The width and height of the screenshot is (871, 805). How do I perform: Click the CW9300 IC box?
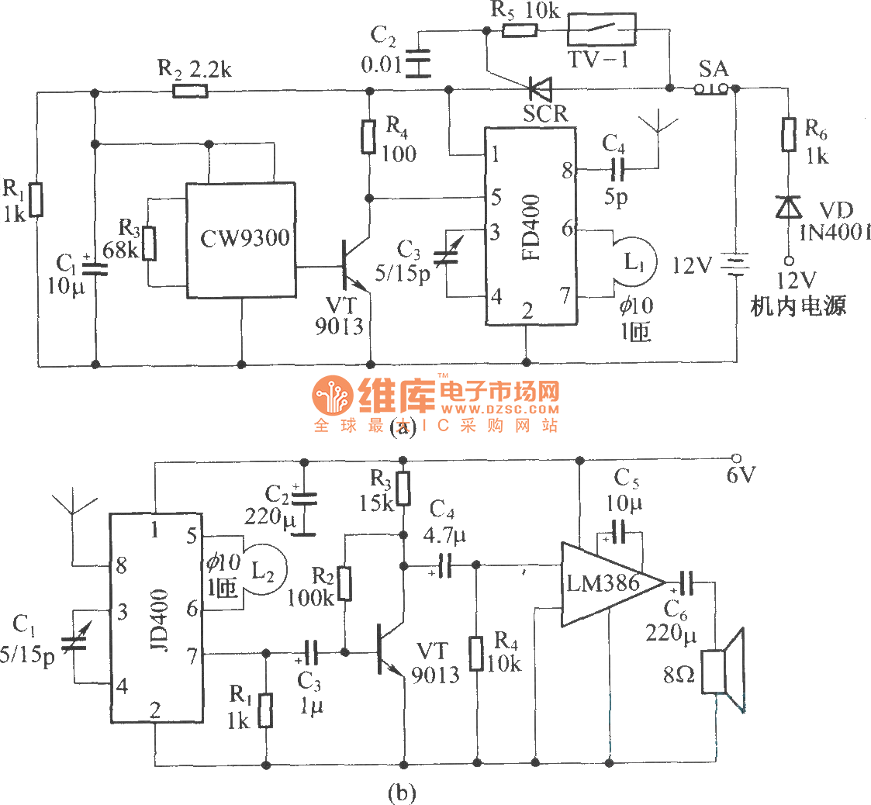240,240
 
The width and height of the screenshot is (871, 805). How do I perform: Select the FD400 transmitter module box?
531,226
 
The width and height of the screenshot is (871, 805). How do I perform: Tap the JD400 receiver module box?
155,619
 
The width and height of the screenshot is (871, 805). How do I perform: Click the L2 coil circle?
263,570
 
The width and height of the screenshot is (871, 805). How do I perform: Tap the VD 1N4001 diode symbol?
789,207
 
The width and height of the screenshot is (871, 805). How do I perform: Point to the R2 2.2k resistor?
190,92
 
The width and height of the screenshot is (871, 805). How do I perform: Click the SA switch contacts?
711,89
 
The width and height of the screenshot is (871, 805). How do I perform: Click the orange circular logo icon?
333,396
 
